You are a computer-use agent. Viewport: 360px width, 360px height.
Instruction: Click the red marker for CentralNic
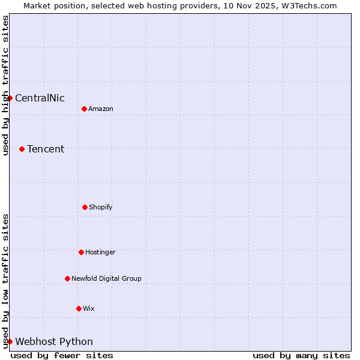pyautogui.click(x=10, y=98)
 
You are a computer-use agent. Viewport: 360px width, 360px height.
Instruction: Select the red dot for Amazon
pyautogui.click(x=84, y=109)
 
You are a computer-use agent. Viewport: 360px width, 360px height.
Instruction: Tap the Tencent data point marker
pyautogui.click(x=22, y=149)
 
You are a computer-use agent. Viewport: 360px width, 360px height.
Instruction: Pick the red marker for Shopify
pyautogui.click(x=85, y=207)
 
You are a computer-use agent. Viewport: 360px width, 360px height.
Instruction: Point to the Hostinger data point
pyautogui.click(x=81, y=252)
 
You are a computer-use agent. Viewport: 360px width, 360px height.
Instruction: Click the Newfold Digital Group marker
pyautogui.click(x=67, y=278)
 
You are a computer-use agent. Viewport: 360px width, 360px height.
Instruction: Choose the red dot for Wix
pyautogui.click(x=79, y=308)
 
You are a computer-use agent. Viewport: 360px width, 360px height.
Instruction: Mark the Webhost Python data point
pyautogui.click(x=10, y=341)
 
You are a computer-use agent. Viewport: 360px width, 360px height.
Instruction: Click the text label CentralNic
pyautogui.click(x=40, y=98)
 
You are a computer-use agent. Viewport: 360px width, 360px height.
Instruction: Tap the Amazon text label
pyautogui.click(x=100, y=109)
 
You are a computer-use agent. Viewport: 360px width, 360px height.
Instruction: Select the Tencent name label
pyautogui.click(x=46, y=149)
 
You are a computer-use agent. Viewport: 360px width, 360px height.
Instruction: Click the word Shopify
pyautogui.click(x=100, y=207)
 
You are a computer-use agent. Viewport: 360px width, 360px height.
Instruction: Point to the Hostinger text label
pyautogui.click(x=100, y=252)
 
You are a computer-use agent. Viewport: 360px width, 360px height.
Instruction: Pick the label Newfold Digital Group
pyautogui.click(x=106, y=278)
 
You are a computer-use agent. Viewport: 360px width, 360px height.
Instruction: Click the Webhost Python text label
pyautogui.click(x=54, y=342)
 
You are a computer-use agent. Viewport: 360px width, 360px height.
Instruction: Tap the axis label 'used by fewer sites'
pyautogui.click(x=62, y=355)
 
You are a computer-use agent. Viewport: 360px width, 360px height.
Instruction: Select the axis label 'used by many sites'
pyautogui.click(x=301, y=355)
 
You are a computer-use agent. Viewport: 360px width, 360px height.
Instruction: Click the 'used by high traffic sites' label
pyautogui.click(x=5, y=85)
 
